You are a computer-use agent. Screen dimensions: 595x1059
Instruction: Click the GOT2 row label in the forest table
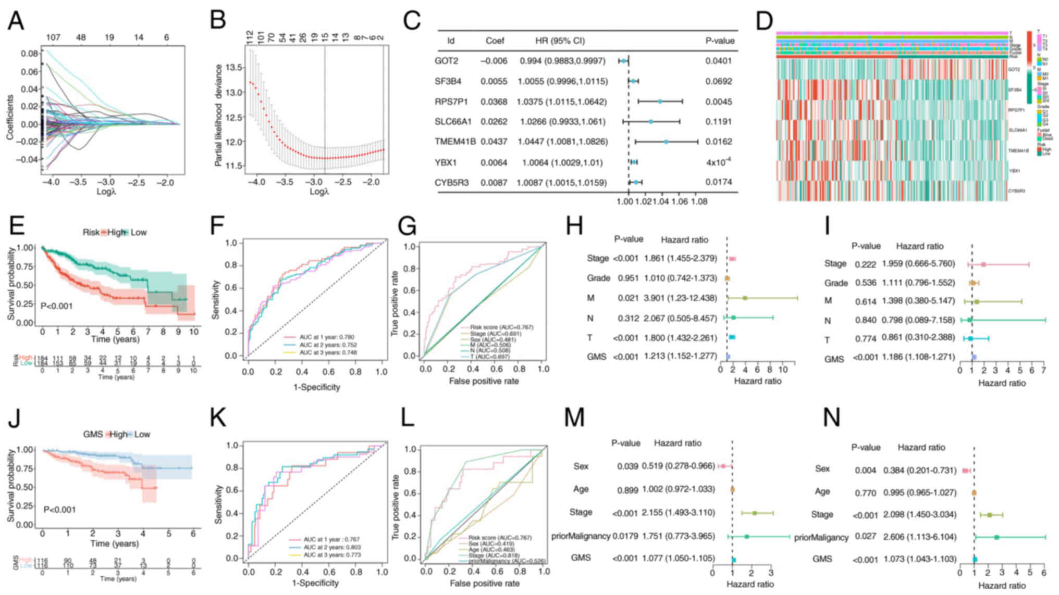pyautogui.click(x=446, y=61)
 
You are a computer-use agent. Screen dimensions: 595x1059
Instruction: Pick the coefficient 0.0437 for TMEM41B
pyautogui.click(x=494, y=142)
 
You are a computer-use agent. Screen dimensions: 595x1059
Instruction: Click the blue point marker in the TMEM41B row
pyautogui.click(x=666, y=142)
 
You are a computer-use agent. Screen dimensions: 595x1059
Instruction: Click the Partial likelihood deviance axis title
pyautogui.click(x=218, y=116)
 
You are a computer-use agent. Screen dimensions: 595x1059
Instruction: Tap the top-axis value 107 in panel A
pyautogui.click(x=53, y=37)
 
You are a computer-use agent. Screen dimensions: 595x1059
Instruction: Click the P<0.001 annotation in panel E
pyautogui.click(x=56, y=306)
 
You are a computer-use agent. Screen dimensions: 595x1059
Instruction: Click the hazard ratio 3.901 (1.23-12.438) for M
pyautogui.click(x=680, y=298)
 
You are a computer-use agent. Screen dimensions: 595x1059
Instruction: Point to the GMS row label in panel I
pyautogui.click(x=834, y=359)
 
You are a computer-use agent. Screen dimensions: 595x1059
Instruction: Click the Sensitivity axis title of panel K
pyautogui.click(x=219, y=504)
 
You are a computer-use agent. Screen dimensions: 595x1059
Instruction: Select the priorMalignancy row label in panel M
pyautogui.click(x=581, y=536)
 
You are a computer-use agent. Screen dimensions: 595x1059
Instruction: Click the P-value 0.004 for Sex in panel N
pyautogui.click(x=865, y=470)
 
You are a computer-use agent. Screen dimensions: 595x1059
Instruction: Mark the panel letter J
pyautogui.click(x=13, y=419)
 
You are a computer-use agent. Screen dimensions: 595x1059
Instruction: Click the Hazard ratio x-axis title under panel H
pyautogui.click(x=757, y=381)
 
